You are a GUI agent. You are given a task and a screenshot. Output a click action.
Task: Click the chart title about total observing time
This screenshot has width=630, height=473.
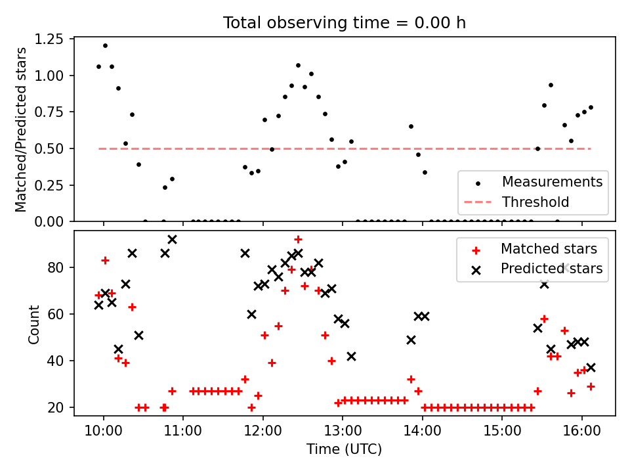point(345,23)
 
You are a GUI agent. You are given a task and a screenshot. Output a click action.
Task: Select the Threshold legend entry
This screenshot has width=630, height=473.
point(535,202)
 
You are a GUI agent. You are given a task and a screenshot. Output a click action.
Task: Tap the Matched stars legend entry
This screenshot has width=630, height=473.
point(549,249)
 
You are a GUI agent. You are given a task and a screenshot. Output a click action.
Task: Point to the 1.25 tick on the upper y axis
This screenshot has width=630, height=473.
point(50,39)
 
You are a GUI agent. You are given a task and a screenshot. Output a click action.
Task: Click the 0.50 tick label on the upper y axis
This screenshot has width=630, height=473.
point(50,148)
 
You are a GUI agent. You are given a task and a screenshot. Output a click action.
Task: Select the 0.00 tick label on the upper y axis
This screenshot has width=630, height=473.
point(50,221)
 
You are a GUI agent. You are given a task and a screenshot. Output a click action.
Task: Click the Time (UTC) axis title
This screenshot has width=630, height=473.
point(345,450)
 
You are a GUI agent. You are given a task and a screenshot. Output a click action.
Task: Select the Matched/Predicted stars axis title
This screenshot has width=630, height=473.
point(21,129)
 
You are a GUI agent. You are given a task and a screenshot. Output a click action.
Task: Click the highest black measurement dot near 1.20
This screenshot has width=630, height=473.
point(105,45)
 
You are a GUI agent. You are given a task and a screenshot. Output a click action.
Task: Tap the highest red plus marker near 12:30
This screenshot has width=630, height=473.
point(298,239)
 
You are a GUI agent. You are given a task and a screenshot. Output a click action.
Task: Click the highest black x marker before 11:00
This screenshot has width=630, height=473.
point(172,240)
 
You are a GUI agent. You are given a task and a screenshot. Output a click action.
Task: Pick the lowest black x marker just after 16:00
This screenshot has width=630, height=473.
point(591,367)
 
